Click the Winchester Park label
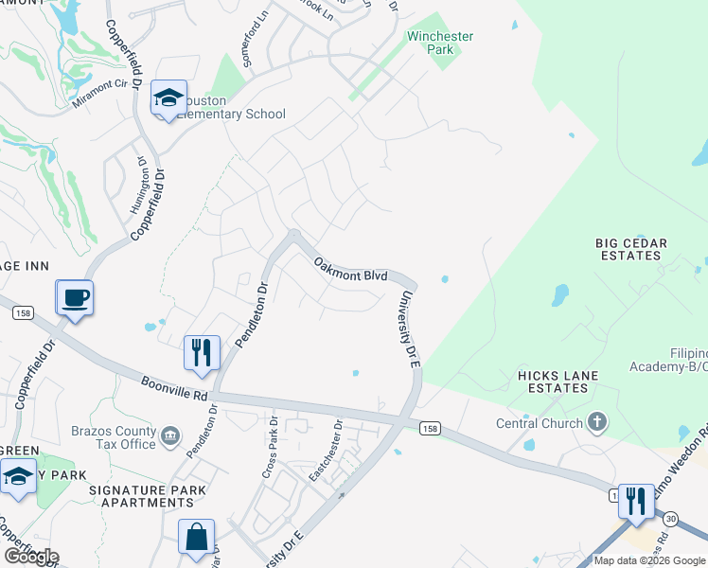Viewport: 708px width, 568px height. point(439,44)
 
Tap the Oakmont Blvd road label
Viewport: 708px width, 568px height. point(350,269)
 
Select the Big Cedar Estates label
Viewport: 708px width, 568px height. point(631,249)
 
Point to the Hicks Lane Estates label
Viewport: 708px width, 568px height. point(558,382)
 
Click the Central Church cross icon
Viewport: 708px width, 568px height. point(597,421)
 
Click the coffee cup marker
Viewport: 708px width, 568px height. point(75,298)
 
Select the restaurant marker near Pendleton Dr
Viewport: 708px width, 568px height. point(202,353)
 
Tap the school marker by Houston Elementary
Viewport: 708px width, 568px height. point(169,98)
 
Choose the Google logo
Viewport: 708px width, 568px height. point(30,557)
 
